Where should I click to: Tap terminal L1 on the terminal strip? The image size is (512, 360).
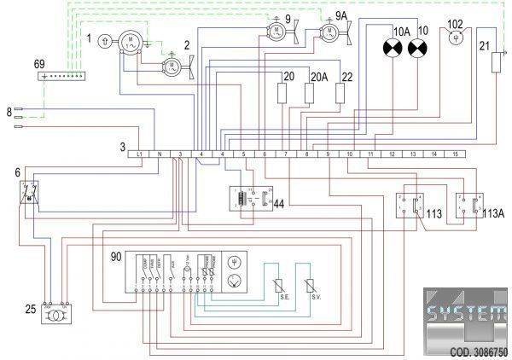[140, 154]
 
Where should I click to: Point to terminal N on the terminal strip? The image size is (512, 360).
[160, 154]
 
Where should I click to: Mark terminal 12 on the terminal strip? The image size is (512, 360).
[393, 154]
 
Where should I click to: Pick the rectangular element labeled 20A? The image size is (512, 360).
[311, 94]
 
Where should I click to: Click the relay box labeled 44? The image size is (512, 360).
[252, 199]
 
